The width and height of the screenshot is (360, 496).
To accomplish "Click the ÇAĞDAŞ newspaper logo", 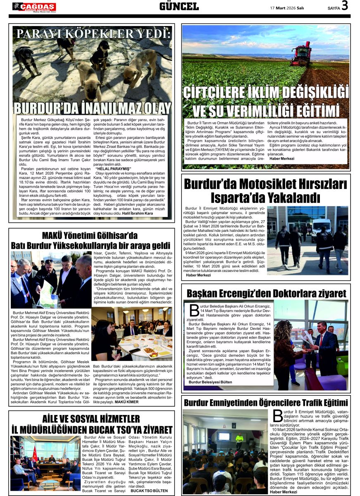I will (34, 7).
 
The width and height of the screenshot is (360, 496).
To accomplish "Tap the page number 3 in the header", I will (345, 6).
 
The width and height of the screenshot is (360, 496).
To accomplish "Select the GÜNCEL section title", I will (179, 6).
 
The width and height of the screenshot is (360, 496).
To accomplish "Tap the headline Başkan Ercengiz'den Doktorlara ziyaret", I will (266, 293).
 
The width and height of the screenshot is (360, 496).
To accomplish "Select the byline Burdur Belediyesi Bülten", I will (210, 382).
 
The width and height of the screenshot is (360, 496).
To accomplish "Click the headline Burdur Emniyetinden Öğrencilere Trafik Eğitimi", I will (266, 402).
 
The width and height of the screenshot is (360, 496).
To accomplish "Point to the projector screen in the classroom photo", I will (224, 436).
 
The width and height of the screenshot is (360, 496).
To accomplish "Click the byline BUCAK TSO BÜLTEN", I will (149, 491).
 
